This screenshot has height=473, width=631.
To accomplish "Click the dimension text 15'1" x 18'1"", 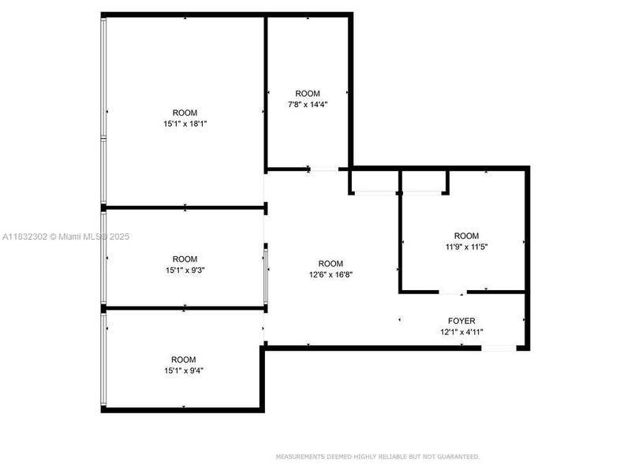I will [x=185, y=123].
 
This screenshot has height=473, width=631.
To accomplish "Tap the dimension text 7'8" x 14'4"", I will [x=308, y=104].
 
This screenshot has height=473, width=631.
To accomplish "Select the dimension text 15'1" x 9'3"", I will [x=185, y=270].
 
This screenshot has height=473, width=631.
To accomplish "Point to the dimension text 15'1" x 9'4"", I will [x=185, y=370].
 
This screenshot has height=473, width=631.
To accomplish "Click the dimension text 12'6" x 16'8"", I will [x=330, y=274].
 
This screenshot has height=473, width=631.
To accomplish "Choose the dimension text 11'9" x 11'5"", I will [x=466, y=247].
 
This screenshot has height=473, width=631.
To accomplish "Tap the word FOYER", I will [x=461, y=321].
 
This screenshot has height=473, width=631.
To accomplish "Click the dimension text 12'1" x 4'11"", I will [x=461, y=332].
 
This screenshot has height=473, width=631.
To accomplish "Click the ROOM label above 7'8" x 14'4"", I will [x=308, y=93].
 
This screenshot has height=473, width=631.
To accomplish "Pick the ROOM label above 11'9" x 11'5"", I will [x=466, y=236].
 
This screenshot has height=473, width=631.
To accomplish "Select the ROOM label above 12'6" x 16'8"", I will [x=330, y=263].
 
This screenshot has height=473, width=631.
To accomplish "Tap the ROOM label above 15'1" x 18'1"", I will [x=185, y=112].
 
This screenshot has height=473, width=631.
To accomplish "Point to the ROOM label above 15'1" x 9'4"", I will [x=185, y=359].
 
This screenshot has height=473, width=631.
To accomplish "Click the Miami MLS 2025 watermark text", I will [x=66, y=236].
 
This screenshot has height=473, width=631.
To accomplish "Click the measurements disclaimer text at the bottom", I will [x=377, y=456].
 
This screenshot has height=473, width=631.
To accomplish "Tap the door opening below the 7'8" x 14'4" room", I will [x=323, y=169].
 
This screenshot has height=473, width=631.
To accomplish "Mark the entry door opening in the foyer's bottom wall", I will [x=498, y=348].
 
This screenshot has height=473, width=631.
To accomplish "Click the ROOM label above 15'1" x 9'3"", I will [x=185, y=259].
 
